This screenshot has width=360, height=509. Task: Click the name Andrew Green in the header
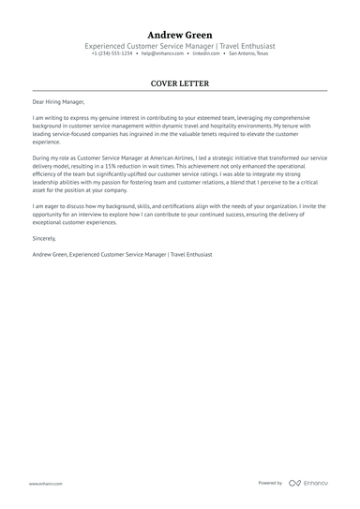click(179, 34)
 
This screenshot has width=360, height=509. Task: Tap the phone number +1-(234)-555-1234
click(112, 53)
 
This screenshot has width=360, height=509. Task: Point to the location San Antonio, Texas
click(247, 53)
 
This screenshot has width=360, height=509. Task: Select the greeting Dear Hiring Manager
click(56, 101)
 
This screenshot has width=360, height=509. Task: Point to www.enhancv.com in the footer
click(45, 484)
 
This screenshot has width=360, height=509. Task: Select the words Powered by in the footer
click(270, 484)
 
